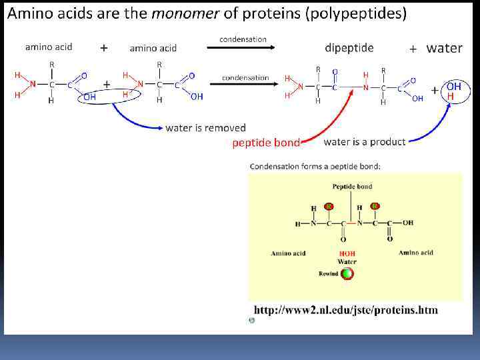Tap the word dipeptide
tap(349, 47)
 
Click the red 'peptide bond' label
tap(265, 143)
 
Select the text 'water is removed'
tap(205, 127)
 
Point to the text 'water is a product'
tap(364, 141)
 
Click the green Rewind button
tap(347, 273)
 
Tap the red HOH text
tap(347, 254)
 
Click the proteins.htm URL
tap(345, 310)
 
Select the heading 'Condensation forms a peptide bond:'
tap(315, 166)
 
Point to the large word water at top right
tap(444, 48)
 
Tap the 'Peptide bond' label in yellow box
tap(352, 187)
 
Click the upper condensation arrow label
tap(243, 39)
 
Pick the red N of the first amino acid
tap(33, 84)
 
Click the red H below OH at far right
tap(451, 97)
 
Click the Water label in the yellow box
tap(347, 262)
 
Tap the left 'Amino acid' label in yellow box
tap(289, 253)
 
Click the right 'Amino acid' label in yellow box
tap(416, 253)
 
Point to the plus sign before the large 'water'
tap(413, 49)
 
